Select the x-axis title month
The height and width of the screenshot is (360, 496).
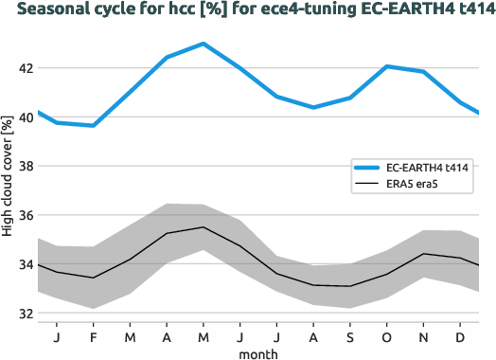pyautogui.click(x=257, y=352)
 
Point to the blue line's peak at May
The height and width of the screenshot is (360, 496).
pyautogui.click(x=204, y=44)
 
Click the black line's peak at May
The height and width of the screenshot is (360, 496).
pyautogui.click(x=204, y=227)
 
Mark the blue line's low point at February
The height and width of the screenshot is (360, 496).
pyautogui.click(x=93, y=125)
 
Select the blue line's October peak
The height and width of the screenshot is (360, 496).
pyautogui.click(x=387, y=66)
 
